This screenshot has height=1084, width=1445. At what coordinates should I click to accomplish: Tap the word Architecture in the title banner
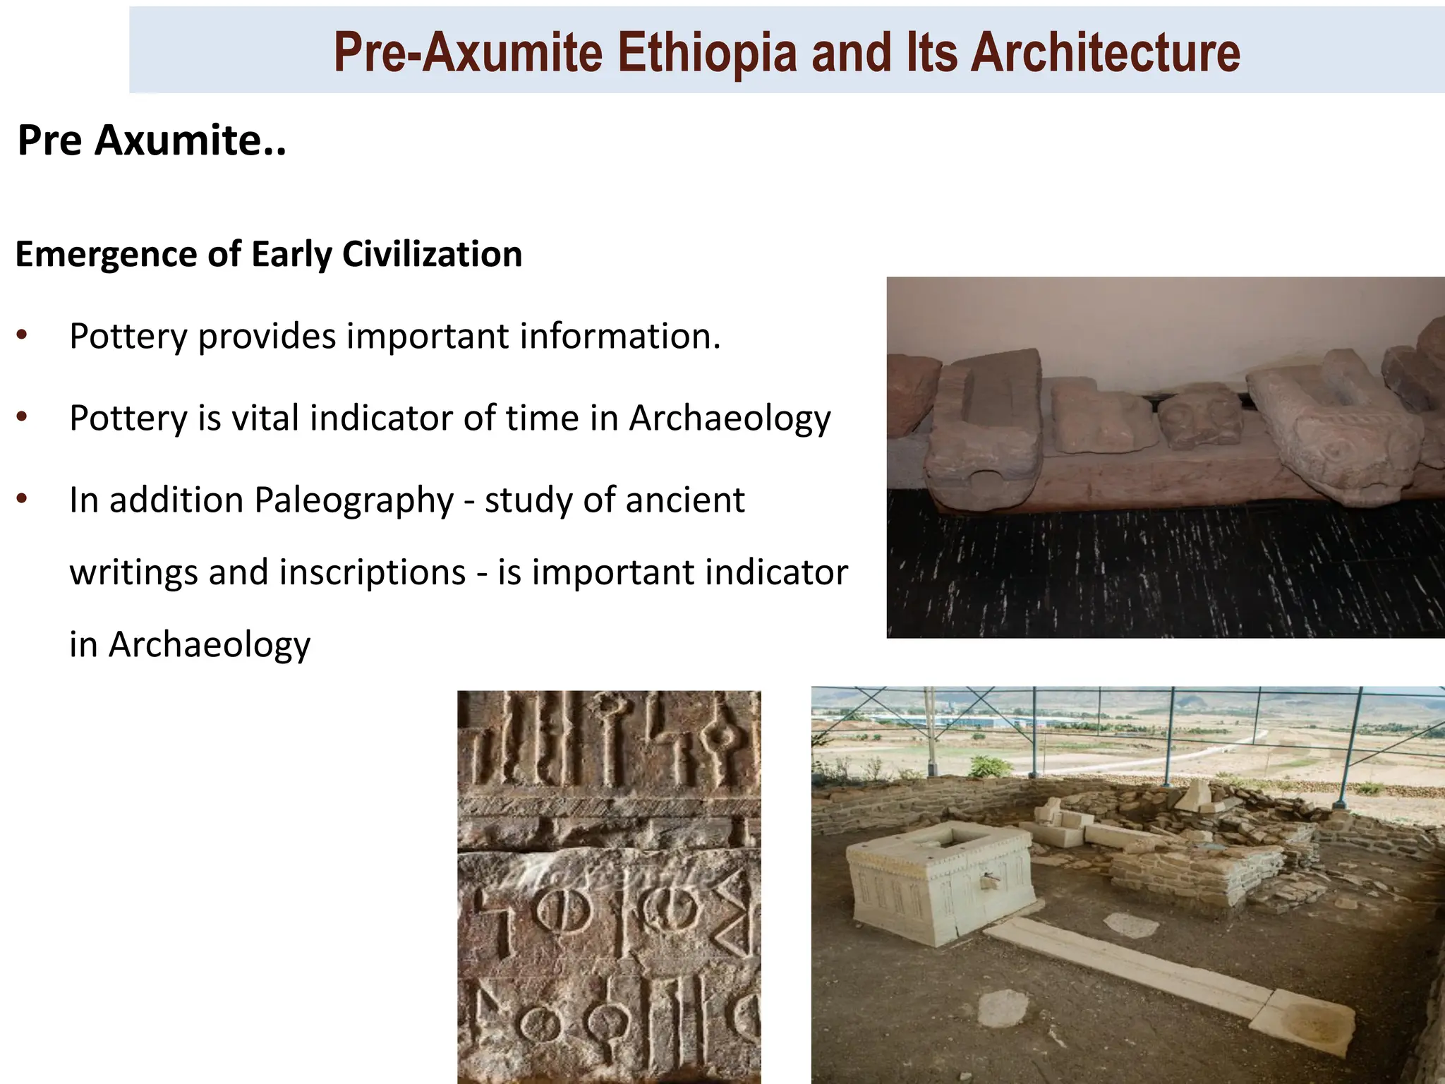coord(1105,52)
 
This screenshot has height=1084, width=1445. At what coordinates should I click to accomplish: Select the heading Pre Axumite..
coord(152,140)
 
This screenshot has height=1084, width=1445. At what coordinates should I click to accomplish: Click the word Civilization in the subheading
coord(432,254)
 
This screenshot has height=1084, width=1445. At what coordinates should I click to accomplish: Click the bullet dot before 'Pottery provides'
coord(23,335)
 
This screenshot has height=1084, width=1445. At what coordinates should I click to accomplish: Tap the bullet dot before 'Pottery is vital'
coord(23,417)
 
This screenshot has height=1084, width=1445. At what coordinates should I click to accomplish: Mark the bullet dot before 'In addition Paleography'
coord(23,499)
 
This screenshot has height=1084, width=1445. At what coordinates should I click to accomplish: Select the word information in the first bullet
coord(620,336)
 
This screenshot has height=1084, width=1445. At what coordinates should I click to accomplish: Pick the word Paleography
coord(353,501)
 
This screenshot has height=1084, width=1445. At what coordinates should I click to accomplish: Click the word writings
coord(133,572)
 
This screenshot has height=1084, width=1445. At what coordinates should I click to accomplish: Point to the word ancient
coord(684,500)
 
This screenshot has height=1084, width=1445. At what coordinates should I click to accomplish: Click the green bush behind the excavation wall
coord(991,766)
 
